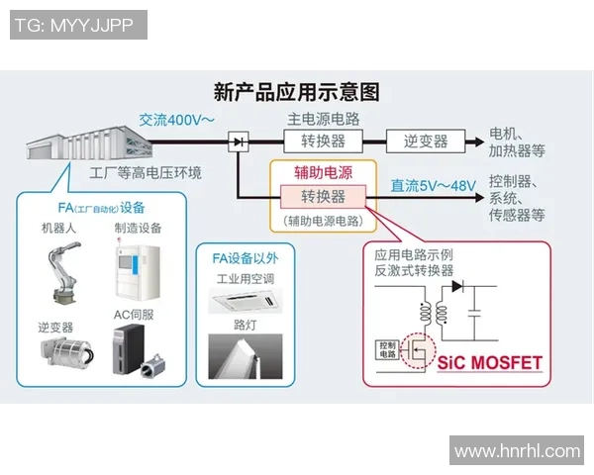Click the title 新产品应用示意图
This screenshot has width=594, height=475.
click(296, 92)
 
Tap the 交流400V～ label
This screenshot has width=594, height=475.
click(176, 121)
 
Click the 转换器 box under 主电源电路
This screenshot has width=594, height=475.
click(321, 141)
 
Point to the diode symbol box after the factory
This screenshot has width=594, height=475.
click(238, 142)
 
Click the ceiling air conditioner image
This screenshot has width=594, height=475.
click(246, 296)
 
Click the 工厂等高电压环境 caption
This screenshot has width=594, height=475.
click(145, 173)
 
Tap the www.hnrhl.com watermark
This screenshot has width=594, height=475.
click(517, 451)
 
